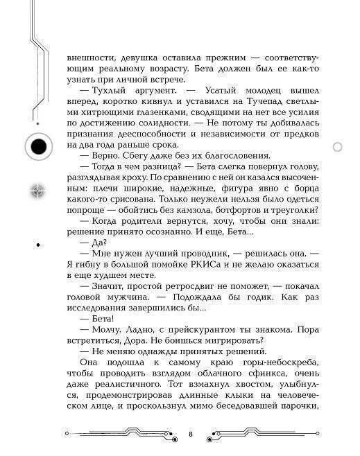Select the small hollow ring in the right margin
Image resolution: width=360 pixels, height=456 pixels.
(x=338, y=147)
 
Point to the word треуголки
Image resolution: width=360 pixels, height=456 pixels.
(x=291, y=211)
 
